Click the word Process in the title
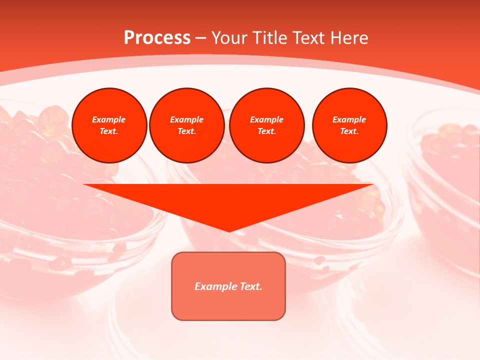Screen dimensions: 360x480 pyautogui.click(x=157, y=38)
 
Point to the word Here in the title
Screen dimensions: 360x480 pyautogui.click(x=348, y=38)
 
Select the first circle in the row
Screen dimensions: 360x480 pyautogui.click(x=109, y=125)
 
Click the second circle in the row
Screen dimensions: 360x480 pyautogui.click(x=187, y=125)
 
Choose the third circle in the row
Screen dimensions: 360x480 pyautogui.click(x=267, y=125)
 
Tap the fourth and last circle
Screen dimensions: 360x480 pyautogui.click(x=349, y=125)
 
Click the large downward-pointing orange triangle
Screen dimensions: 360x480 pyautogui.click(x=228, y=200)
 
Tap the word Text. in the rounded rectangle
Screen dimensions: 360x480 pyautogui.click(x=251, y=286)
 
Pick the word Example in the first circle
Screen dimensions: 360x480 pyautogui.click(x=109, y=119)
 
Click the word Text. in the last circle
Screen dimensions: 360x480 pyautogui.click(x=349, y=131)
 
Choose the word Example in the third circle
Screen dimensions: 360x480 pyautogui.click(x=266, y=119)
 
